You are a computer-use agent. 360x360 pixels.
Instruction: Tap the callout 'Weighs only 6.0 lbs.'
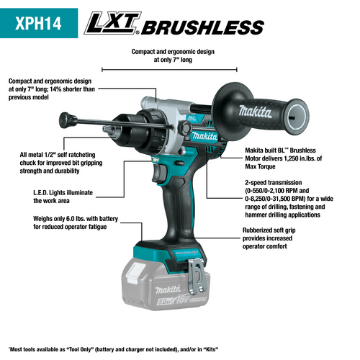tap(55, 222)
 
